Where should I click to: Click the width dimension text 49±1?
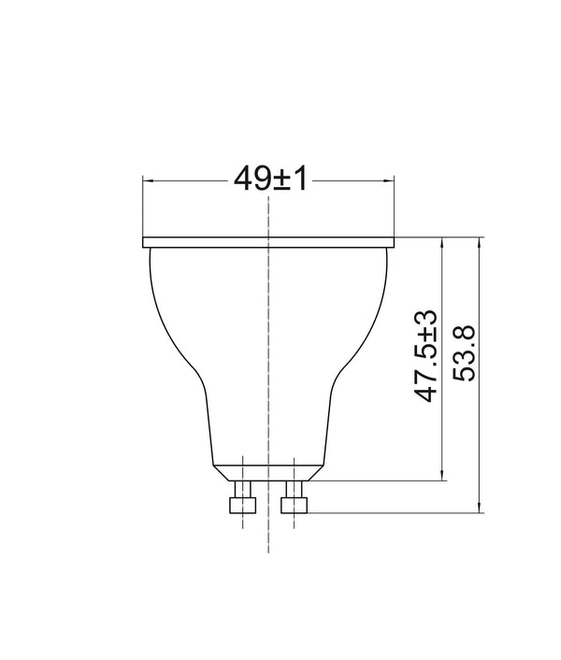(x=270, y=179)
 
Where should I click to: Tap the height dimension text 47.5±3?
(x=427, y=356)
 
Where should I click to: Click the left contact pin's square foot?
(x=243, y=505)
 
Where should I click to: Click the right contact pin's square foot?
(x=295, y=505)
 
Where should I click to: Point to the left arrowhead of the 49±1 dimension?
(x=147, y=179)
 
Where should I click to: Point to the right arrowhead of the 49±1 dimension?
(x=390, y=179)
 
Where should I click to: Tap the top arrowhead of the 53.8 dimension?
(x=480, y=242)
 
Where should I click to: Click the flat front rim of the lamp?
(x=268, y=242)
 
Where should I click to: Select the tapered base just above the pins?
(x=268, y=472)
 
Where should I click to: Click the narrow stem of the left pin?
(x=243, y=488)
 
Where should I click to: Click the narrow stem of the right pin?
(x=295, y=488)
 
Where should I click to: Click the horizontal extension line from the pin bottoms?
(x=393, y=513)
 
